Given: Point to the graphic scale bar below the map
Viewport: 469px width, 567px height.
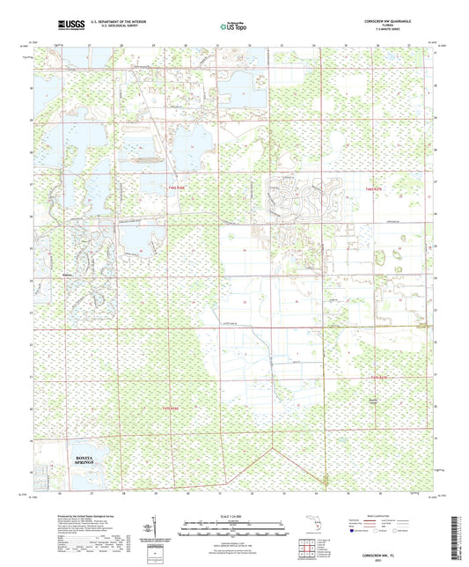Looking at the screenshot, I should click(x=233, y=529).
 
